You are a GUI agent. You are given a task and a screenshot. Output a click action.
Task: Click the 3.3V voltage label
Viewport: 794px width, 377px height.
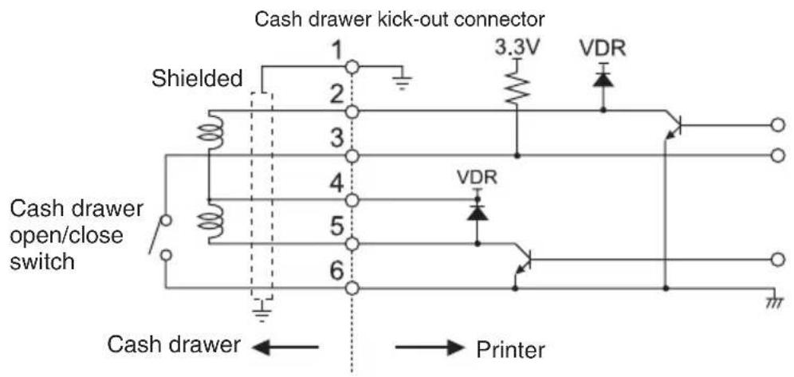coord(516,49)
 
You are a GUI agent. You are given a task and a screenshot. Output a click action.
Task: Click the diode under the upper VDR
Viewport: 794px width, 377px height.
coord(603,80)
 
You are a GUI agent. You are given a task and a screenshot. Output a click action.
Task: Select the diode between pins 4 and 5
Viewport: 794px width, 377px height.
coord(477,214)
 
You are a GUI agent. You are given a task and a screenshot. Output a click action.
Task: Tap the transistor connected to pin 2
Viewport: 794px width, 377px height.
coord(673,124)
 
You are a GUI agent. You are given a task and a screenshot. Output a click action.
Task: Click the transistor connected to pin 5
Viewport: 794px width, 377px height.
coord(523,261)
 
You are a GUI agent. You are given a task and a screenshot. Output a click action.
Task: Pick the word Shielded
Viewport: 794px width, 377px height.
coord(198,79)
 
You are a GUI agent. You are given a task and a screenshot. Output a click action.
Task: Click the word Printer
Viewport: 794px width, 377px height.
coord(510,349)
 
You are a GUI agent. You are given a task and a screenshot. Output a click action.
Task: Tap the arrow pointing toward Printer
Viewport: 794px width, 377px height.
coord(430,348)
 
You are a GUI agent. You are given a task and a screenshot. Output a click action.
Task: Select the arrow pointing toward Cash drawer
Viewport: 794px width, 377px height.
coord(285,348)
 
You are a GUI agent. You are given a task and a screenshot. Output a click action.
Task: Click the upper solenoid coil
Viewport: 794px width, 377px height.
coord(209,132)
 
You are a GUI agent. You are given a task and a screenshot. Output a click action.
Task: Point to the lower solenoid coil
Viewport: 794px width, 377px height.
coord(209,221)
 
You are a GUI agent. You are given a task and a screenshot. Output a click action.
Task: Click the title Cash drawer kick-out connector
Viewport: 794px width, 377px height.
coord(399,20)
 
